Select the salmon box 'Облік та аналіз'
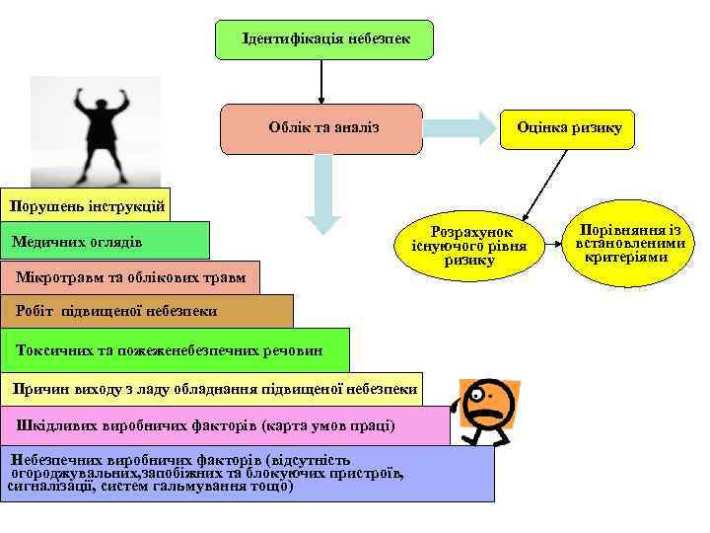[321, 128]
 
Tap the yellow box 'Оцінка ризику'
[569, 128]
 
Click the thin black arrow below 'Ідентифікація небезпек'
[321, 79]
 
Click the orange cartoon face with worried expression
[485, 410]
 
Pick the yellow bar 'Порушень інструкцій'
[85, 206]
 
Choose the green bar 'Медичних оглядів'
[105, 241]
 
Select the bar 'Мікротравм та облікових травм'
[129, 277]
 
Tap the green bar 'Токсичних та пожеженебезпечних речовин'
[175, 349]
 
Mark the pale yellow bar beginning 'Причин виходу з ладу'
[211, 389]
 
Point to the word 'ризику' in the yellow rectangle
[600, 128]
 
